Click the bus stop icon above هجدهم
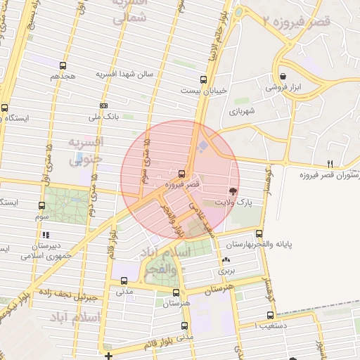pos(63,65)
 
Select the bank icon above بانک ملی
pos(104,106)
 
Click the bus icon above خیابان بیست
pos(203,79)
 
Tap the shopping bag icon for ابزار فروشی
pos(283,77)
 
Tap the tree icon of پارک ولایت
pos(233,191)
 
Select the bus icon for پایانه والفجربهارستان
pos(259,234)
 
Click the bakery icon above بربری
pos(226,260)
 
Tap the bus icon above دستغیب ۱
pos(270,316)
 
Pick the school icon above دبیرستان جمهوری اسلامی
pos(46,235)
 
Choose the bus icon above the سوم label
pos(41,206)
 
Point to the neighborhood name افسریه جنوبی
pos(86,150)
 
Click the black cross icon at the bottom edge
pos(108,356)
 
